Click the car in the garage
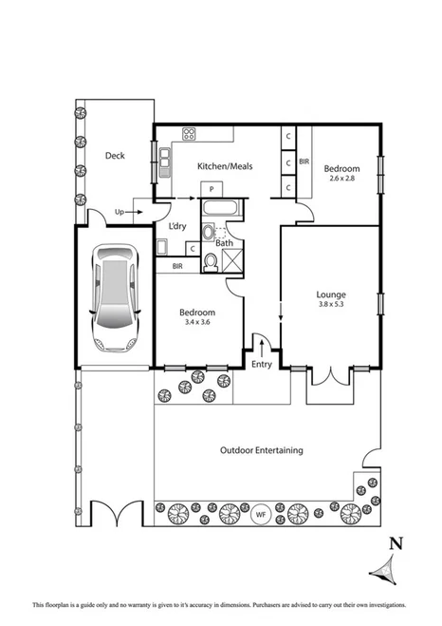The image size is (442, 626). point(113,296)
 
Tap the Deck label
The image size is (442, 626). point(115,156)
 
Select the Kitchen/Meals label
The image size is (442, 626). point(224,166)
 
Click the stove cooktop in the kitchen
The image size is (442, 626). point(188,134)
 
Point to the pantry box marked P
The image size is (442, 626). point(213,190)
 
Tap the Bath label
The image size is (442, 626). point(224,243)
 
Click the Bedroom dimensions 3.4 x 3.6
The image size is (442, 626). point(197,324)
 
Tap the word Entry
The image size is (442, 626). point(261,364)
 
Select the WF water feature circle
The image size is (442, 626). point(260,515)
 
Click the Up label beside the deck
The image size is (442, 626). point(119,212)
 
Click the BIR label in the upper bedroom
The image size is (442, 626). point(304,162)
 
